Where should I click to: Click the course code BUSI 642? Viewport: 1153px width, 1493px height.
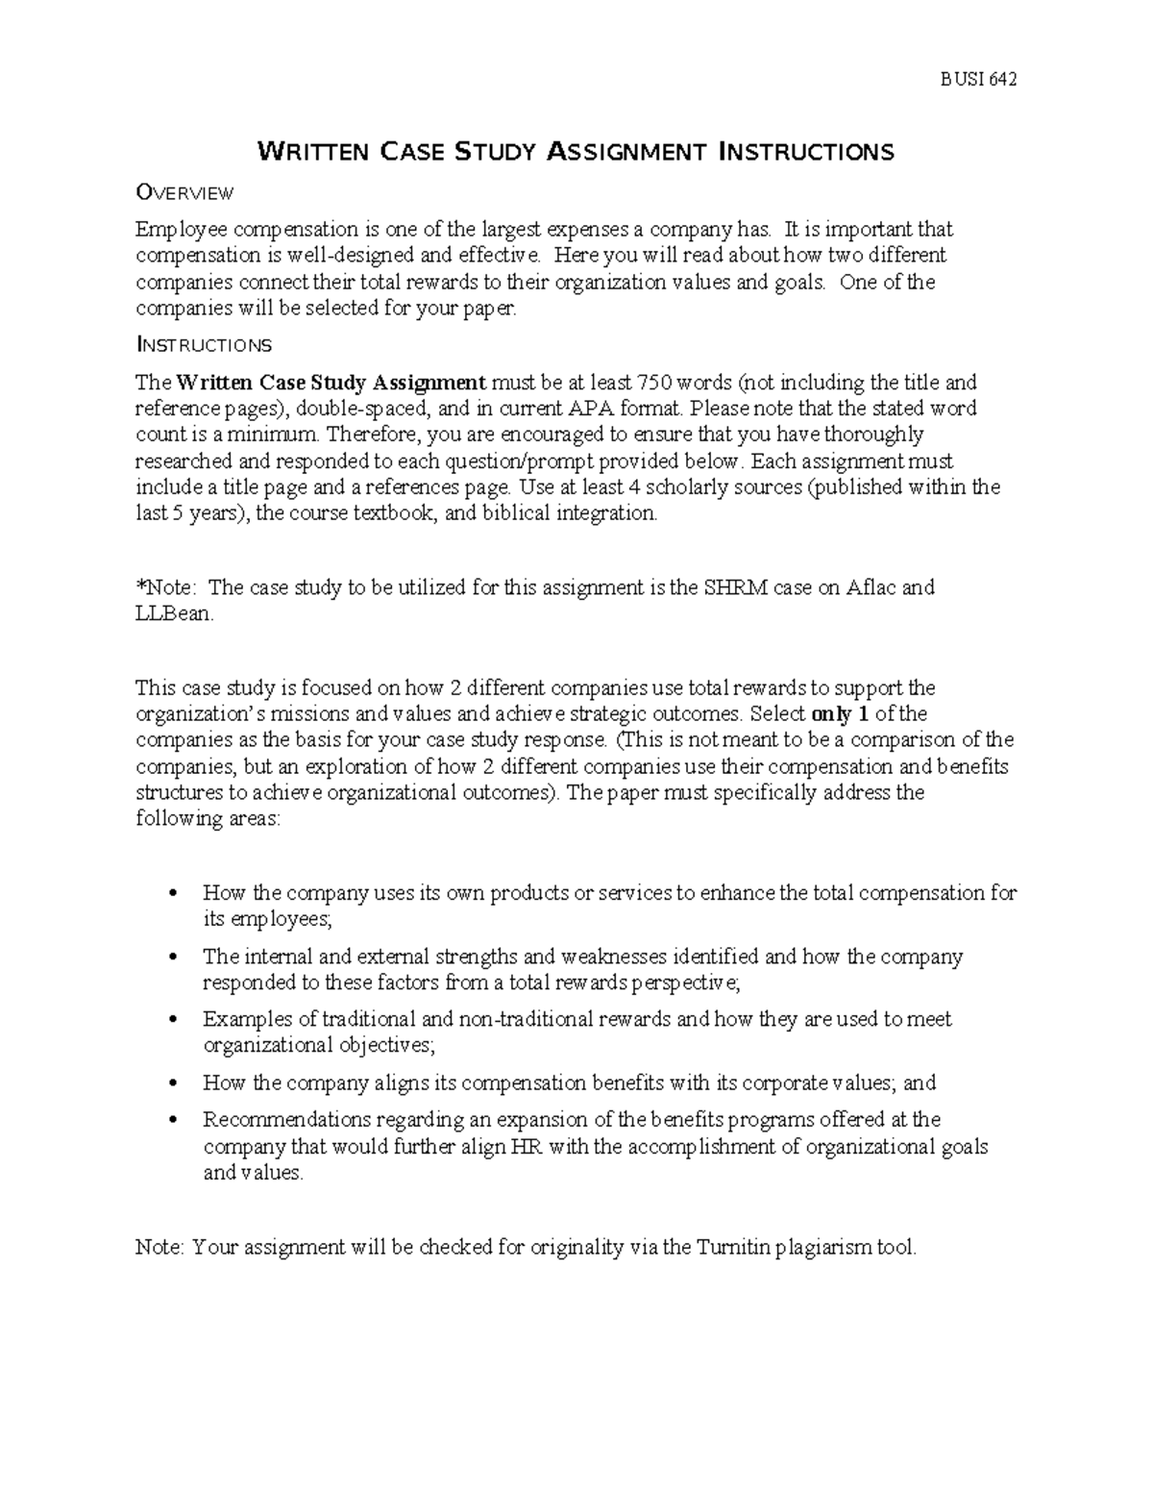pyautogui.click(x=977, y=79)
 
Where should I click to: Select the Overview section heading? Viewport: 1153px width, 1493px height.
pyautogui.click(x=184, y=193)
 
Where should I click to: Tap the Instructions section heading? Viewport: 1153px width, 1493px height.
pyautogui.click(x=204, y=344)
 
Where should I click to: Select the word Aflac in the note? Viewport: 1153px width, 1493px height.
pyautogui.click(x=872, y=587)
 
